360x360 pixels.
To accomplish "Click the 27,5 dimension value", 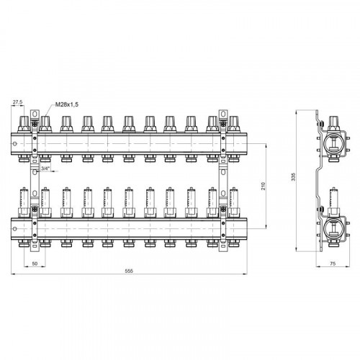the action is (17, 102).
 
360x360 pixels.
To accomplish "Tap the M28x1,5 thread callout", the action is (67, 104).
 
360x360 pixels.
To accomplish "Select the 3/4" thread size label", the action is (45, 168).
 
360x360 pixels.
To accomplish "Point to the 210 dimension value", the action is (264, 186).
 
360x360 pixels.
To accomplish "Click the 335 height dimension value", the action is (294, 176).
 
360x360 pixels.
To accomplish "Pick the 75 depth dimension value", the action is (333, 264).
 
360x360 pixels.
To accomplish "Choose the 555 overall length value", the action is (129, 271).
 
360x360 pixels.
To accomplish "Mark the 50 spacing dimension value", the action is (35, 264).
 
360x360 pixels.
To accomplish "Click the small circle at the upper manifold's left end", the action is (15, 144).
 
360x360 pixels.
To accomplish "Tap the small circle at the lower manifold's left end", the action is (15, 229).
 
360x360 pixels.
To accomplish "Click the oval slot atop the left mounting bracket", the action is (35, 113).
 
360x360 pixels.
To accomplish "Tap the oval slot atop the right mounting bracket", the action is (223, 113).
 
